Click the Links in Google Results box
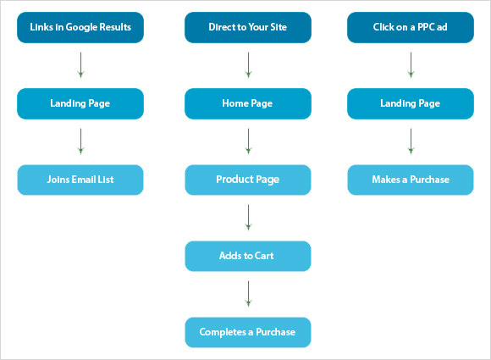tap(80, 27)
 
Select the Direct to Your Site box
tap(248, 27)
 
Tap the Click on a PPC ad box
tap(411, 27)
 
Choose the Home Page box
tap(248, 103)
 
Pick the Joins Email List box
tap(80, 180)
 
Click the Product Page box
tap(248, 180)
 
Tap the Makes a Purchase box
tap(411, 180)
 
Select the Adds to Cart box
tap(248, 256)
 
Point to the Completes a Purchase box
tap(248, 332)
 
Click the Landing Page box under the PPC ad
tap(411, 103)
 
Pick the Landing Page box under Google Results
tap(80, 103)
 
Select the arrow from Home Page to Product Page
tap(248, 141)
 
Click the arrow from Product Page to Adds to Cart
tap(248, 218)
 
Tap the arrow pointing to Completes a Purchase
tap(248, 294)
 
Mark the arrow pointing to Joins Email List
tap(80, 141)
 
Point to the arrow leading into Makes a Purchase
tap(411, 141)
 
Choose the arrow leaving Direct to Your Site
tap(248, 65)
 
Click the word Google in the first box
tap(81, 27)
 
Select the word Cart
tap(264, 256)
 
